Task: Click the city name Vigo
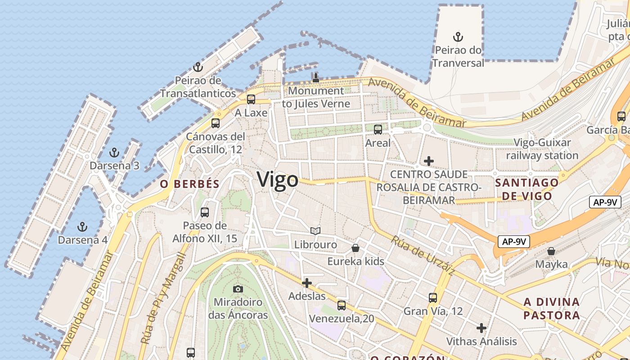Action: point(278,180)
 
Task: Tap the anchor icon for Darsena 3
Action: point(114,153)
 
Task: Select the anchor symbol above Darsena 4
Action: point(82,226)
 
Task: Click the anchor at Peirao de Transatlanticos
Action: point(198,67)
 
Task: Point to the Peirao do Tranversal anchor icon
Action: point(458,37)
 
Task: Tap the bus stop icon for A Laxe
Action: point(251,99)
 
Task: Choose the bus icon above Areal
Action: point(378,130)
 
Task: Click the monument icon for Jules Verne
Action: point(316,77)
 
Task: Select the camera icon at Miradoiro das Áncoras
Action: point(238,289)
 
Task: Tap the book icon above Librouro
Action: point(315,231)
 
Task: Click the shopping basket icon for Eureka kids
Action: point(355,248)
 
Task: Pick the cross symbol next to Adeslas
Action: point(307,283)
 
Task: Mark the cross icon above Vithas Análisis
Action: point(481,328)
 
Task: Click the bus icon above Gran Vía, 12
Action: point(433,298)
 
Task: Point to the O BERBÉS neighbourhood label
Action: point(190,184)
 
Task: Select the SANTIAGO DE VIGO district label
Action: point(527,189)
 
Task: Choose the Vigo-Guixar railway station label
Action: point(542,149)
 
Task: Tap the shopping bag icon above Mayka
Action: point(551,251)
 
